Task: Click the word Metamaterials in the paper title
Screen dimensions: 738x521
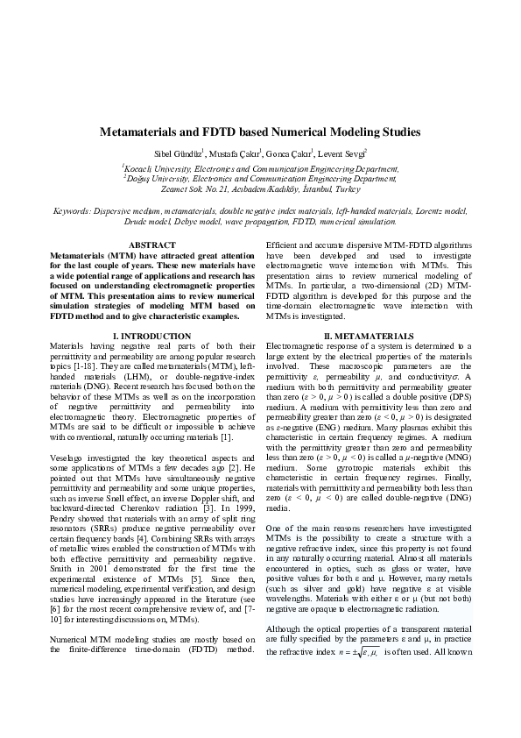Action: point(143,132)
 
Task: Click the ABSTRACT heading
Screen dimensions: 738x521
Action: point(151,244)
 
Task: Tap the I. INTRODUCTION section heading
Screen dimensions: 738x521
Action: point(151,337)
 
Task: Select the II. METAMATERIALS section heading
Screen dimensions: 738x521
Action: point(368,337)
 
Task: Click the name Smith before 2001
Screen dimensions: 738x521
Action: point(61,544)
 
